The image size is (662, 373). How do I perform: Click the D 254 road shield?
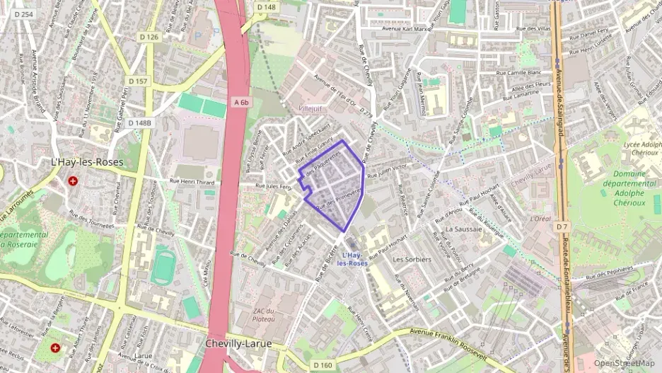(23, 15)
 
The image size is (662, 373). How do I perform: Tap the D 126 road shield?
(149, 37)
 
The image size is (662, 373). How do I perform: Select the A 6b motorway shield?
(241, 103)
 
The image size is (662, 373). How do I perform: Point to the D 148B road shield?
(139, 123)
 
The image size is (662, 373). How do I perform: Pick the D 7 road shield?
(562, 226)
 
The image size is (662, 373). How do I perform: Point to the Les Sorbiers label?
(412, 260)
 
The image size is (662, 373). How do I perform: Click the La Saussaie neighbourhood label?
(463, 229)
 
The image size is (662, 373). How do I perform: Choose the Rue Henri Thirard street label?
(192, 182)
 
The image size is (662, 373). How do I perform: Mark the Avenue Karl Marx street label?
(405, 29)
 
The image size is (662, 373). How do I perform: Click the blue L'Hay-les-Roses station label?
(352, 259)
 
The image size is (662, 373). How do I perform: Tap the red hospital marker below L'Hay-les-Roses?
(73, 180)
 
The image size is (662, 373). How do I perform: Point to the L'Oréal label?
(540, 219)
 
